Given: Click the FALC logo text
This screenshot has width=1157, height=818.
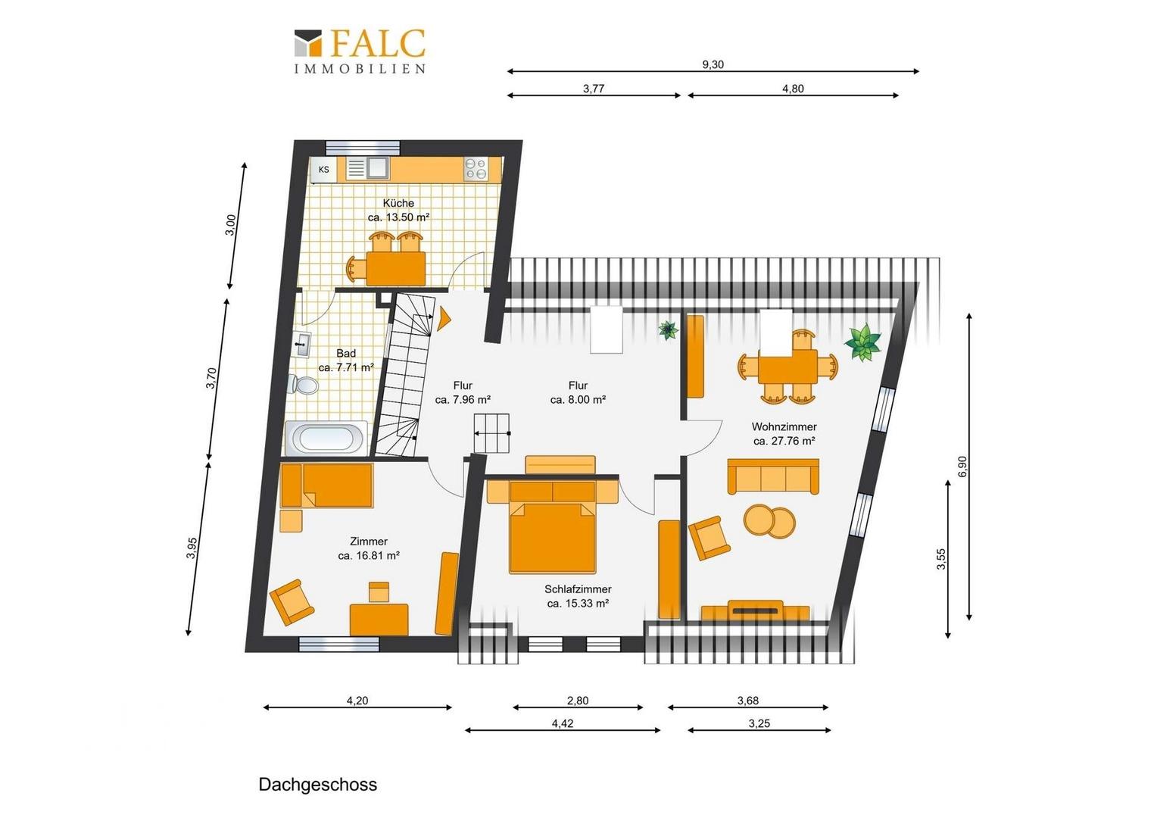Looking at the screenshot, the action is point(377,43).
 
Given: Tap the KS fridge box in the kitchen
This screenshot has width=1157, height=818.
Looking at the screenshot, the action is point(324,169).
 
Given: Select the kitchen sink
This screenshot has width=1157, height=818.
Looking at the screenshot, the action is point(368,168).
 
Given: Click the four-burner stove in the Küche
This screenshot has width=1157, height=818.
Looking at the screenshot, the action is point(476,169).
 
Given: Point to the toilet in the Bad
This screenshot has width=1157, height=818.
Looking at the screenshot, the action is point(303,385).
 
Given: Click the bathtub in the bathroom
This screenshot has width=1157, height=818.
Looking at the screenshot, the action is point(326,439).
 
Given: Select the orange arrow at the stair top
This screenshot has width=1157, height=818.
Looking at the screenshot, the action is point(444,319).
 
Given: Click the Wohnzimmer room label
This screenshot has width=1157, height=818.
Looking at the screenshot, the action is point(784,427).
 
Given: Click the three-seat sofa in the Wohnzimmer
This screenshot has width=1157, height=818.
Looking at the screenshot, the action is point(773,477).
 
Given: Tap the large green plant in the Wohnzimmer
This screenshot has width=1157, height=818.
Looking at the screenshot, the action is point(862,342).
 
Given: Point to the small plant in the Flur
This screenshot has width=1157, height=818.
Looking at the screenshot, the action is point(668,329).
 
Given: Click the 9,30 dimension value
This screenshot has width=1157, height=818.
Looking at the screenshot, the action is point(713,64).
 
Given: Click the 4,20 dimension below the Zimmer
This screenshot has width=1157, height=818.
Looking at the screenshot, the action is point(357,701).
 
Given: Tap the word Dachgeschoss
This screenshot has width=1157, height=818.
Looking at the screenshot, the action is point(318,785).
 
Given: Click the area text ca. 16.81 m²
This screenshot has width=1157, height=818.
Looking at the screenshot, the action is point(369,555).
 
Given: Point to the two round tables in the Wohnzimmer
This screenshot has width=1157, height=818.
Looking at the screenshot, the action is point(769,521).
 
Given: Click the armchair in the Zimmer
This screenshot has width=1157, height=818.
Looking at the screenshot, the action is point(292,603).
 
